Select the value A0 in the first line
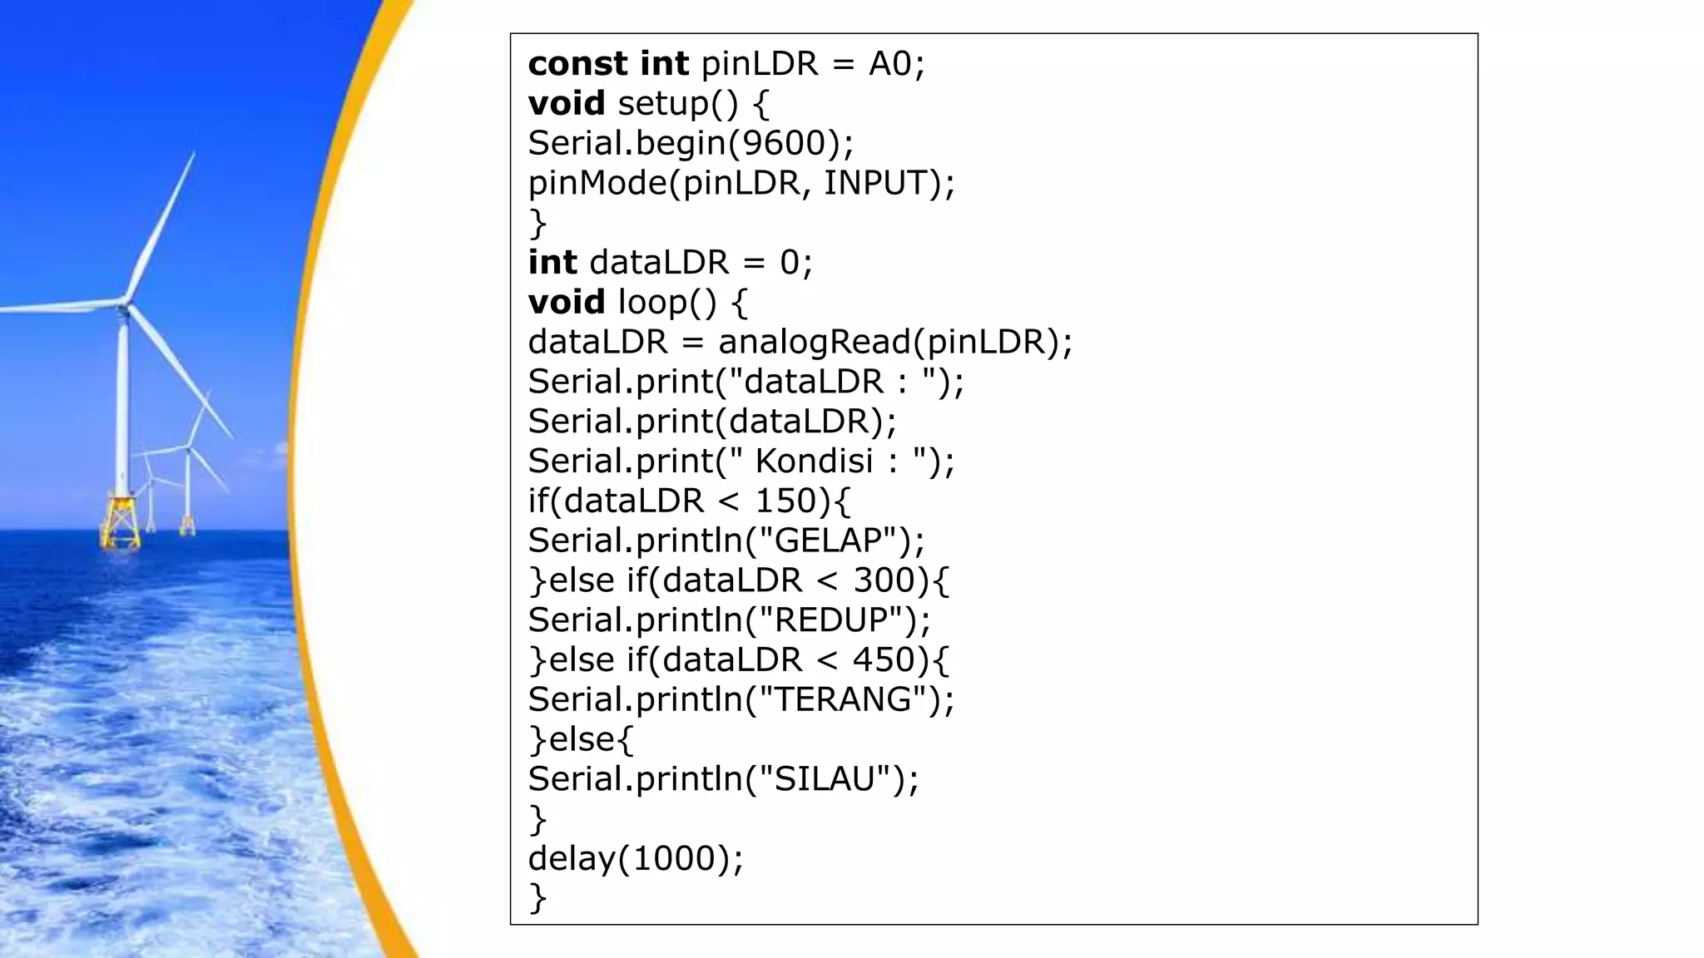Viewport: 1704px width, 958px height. (890, 64)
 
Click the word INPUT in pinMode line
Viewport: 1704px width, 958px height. (875, 183)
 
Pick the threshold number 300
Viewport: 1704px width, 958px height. (885, 580)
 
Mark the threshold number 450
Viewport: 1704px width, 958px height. (885, 659)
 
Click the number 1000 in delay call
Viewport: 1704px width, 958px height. (674, 858)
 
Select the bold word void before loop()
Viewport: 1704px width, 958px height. (567, 302)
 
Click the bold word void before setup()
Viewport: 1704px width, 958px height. (567, 103)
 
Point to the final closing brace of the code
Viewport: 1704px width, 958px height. (537, 898)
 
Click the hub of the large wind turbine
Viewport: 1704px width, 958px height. (125, 305)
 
